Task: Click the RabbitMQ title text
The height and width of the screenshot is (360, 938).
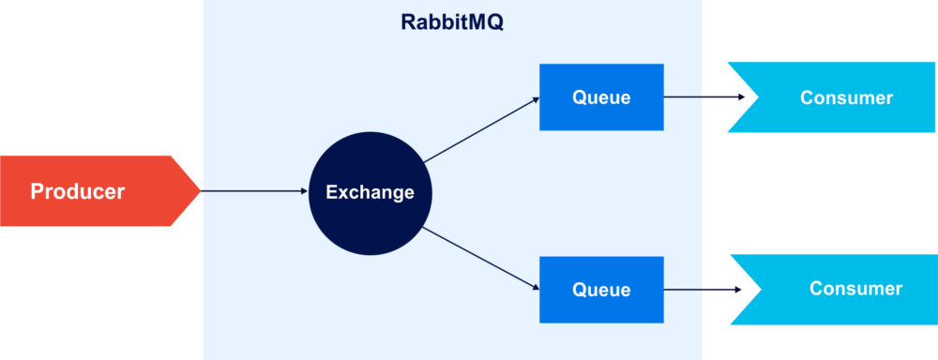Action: click(452, 22)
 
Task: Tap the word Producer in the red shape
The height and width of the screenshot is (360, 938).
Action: click(78, 191)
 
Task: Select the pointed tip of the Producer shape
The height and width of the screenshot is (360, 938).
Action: click(200, 191)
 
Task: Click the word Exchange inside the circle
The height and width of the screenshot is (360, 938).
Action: click(370, 192)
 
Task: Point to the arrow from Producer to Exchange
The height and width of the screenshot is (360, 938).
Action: click(254, 191)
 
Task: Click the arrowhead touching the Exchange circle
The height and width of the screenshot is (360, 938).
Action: click(305, 191)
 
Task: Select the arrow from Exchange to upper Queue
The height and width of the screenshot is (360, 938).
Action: click(481, 129)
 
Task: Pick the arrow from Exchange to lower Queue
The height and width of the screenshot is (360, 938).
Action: click(481, 259)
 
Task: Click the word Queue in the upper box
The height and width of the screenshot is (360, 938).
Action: click(601, 97)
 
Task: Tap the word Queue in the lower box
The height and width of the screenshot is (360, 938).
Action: click(601, 290)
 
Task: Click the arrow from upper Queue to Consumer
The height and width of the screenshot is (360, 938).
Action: click(704, 97)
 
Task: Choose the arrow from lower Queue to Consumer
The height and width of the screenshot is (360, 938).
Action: click(703, 290)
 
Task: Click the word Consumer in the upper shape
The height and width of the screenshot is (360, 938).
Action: click(846, 98)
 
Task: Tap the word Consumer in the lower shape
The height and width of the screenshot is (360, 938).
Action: click(855, 289)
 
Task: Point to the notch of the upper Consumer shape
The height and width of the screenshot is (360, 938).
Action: click(758, 97)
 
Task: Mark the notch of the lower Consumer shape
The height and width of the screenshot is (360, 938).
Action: click(761, 290)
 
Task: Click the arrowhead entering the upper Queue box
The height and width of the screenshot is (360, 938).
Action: click(536, 99)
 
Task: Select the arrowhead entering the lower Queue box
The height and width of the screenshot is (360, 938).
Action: click(536, 289)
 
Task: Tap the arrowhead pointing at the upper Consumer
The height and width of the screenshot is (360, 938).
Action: click(741, 97)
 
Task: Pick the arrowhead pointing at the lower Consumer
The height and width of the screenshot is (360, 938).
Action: click(737, 290)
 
